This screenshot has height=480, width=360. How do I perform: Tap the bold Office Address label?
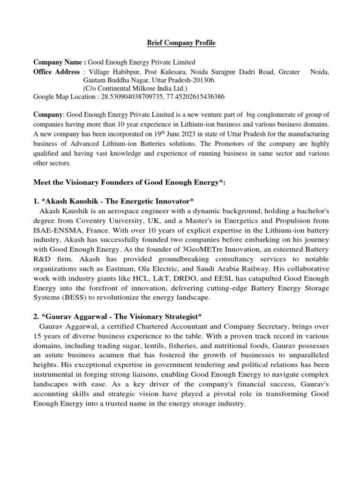pyautogui.click(x=57, y=72)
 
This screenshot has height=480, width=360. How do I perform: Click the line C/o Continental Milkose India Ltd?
pyautogui.click(x=135, y=89)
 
